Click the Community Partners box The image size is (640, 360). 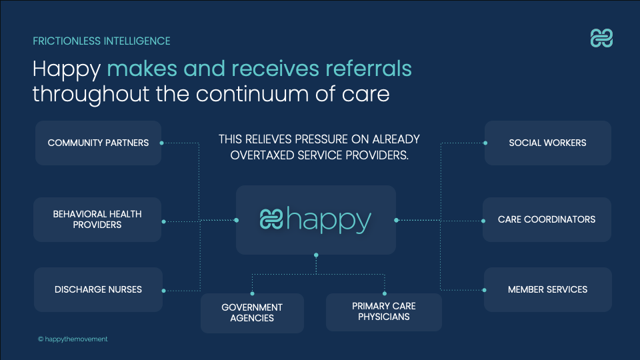(98, 143)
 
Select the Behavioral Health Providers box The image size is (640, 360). (97, 219)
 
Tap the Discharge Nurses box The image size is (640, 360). (98, 290)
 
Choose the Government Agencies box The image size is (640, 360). (252, 313)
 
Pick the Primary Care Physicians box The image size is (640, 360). (384, 311)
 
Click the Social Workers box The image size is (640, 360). (547, 143)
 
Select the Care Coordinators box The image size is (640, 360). (547, 219)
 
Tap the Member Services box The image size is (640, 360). (547, 290)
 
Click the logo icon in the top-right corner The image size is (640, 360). (601, 39)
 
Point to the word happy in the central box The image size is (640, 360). (329, 220)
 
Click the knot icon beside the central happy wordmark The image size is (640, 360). (271, 219)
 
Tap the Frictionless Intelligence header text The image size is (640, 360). (101, 41)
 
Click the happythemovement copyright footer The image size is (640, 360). (73, 339)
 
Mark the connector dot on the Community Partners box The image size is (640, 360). (162, 143)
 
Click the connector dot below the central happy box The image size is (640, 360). (316, 255)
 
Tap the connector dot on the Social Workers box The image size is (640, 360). (485, 143)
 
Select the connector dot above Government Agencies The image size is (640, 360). (252, 293)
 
